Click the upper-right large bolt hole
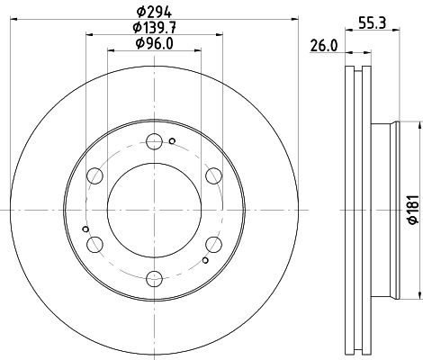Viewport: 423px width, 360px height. (212, 175)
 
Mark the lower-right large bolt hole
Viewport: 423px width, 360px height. (212, 243)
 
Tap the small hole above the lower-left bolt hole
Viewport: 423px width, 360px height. (85, 229)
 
